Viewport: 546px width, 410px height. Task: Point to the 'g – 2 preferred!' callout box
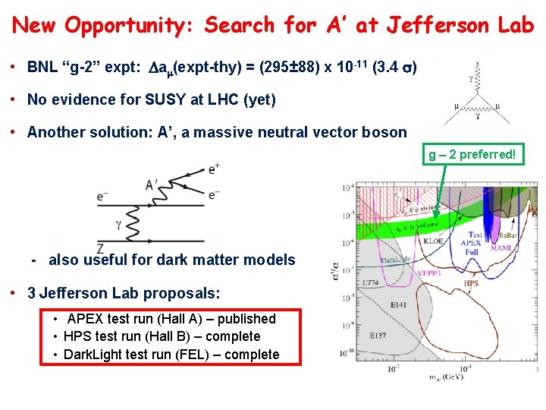pyautogui.click(x=472, y=155)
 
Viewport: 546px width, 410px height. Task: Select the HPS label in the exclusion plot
pyautogui.click(x=471, y=283)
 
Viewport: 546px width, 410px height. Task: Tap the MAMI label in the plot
pyautogui.click(x=500, y=248)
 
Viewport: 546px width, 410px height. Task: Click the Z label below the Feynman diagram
pyautogui.click(x=100, y=248)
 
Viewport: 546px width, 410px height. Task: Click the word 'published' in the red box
pyautogui.click(x=246, y=319)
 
